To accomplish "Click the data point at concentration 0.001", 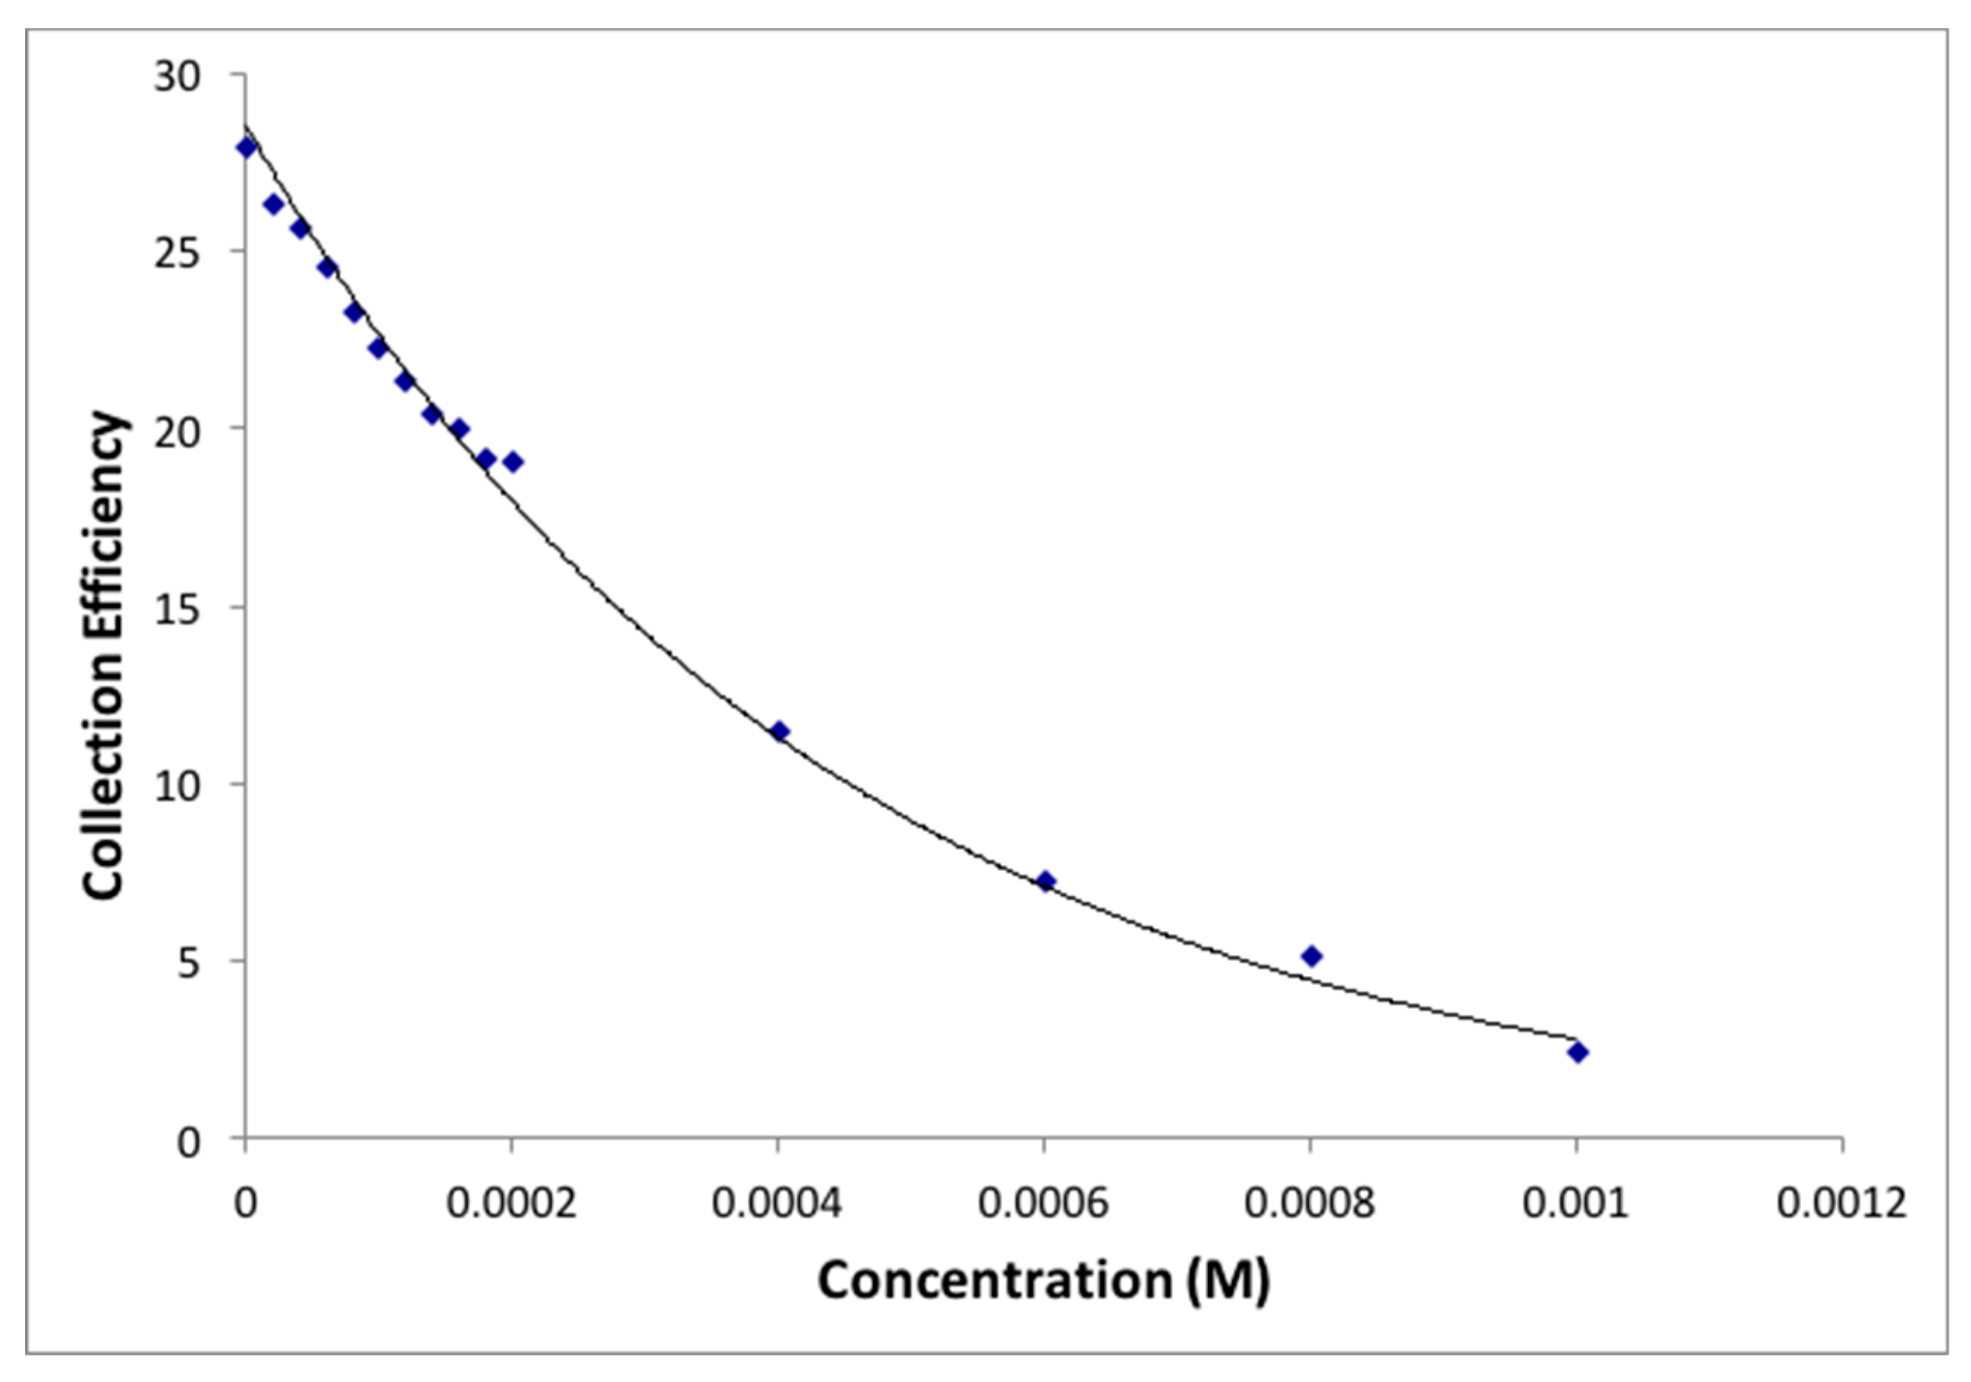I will [1577, 1052].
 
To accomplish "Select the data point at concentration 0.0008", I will [1311, 956].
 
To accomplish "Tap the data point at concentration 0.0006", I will [1045, 881].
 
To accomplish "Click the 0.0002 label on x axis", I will [511, 1203].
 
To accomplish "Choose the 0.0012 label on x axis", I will [1842, 1203].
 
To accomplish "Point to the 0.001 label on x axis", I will [1576, 1203].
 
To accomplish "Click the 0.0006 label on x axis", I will [1044, 1203].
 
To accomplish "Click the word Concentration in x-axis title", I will [995, 1280].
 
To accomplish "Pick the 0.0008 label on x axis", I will [1310, 1203].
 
